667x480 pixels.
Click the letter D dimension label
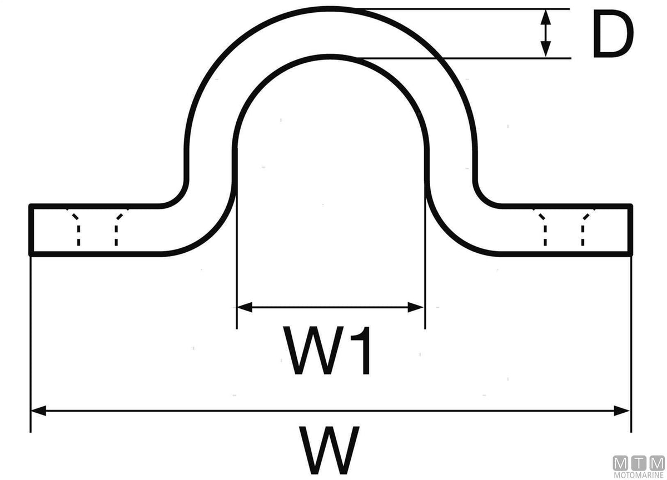pyautogui.click(x=613, y=34)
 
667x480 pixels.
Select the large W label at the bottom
pyautogui.click(x=328, y=450)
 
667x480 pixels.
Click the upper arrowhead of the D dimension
pyautogui.click(x=545, y=17)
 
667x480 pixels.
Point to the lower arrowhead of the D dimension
pyautogui.click(x=545, y=49)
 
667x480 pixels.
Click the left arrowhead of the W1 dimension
pyautogui.click(x=245, y=307)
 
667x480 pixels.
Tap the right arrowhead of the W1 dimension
pyautogui.click(x=415, y=307)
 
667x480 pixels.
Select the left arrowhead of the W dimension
pyautogui.click(x=39, y=411)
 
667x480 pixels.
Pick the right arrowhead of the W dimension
pyautogui.click(x=622, y=411)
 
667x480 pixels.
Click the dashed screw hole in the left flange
pyautogui.click(x=97, y=227)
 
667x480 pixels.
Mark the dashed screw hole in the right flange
pyautogui.click(x=564, y=227)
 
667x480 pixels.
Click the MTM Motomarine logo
pyautogui.click(x=639, y=467)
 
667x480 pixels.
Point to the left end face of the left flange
pyautogui.click(x=31, y=230)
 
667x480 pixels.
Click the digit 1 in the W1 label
pyautogui.click(x=361, y=350)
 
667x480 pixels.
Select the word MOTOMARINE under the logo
pyautogui.click(x=639, y=476)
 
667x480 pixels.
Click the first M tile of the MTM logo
pyautogui.click(x=620, y=464)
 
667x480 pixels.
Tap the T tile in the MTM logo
pyautogui.click(x=639, y=464)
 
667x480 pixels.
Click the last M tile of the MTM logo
pyautogui.click(x=657, y=464)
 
